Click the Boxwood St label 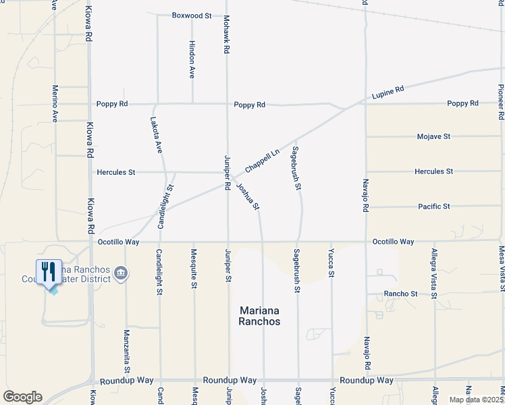point(192,15)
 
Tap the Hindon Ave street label point(192,63)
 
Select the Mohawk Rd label point(228,35)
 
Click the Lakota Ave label point(156,135)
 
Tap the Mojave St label point(433,136)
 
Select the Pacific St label point(433,207)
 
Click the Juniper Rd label point(228,173)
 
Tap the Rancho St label point(401,294)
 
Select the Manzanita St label point(126,351)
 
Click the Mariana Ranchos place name point(260,316)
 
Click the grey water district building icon point(122,273)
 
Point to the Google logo point(22,397)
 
